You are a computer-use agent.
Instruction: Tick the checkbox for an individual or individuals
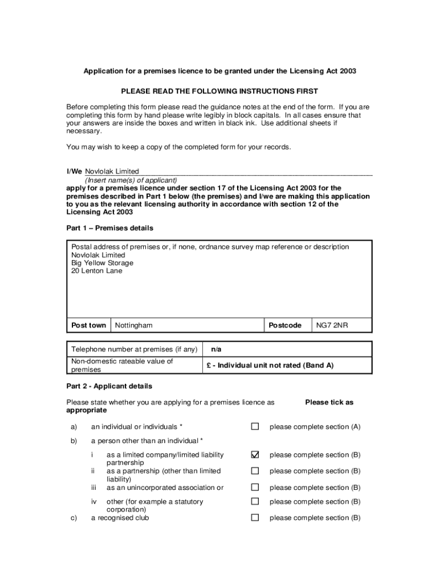pos(255,427)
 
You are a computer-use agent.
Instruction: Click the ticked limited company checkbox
pos(255,455)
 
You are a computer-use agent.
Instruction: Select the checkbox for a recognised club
pos(255,518)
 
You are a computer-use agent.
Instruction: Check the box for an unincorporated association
pos(255,488)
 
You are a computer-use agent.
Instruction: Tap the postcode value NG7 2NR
pos(332,325)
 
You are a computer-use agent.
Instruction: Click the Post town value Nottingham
pos(134,325)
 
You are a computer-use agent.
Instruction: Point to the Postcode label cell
pos(285,325)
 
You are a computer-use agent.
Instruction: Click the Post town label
pos(88,325)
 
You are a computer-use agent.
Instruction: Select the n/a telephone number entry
pos(216,349)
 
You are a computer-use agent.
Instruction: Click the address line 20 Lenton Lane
pos(97,271)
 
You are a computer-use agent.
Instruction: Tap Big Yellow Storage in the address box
pos(102,263)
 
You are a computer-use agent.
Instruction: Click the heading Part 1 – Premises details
pos(109,228)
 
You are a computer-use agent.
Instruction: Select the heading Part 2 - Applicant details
pos(109,386)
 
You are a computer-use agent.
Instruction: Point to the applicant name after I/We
pos(112,171)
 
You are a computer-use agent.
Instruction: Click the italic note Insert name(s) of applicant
pos(131,180)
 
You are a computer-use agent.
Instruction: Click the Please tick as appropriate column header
pos(329,402)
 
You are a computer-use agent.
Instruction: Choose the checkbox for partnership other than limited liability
pos(255,471)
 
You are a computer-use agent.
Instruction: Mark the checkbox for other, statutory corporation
pos(255,501)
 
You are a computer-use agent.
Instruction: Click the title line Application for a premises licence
pos(220,71)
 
